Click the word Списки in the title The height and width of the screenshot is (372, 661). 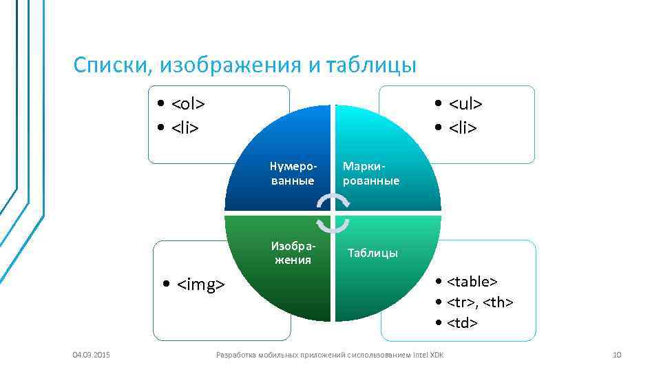112,65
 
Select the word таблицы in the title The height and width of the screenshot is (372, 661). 371,65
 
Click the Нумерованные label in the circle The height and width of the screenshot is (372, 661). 293,174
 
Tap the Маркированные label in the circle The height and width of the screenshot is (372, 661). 370,174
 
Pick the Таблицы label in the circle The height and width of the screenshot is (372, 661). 373,253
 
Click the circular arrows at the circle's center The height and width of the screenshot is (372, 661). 333,213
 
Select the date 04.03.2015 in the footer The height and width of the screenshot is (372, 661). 92,355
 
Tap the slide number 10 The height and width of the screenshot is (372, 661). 616,355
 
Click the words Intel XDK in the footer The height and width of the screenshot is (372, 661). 428,355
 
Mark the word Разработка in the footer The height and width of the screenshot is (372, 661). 236,355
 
